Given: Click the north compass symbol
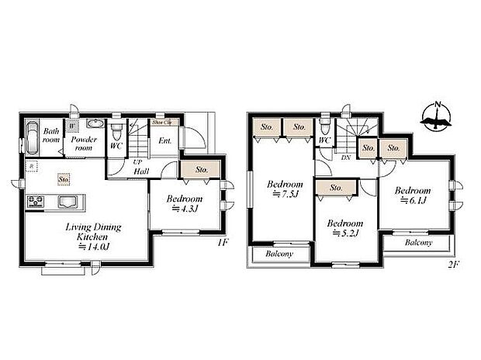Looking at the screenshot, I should coord(436,117).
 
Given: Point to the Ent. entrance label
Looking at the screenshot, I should coord(164,141).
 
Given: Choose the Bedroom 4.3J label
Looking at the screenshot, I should coord(185,203).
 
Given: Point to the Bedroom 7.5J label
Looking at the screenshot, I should coord(285,189).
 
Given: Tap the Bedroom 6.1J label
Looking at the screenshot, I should coord(411,195).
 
